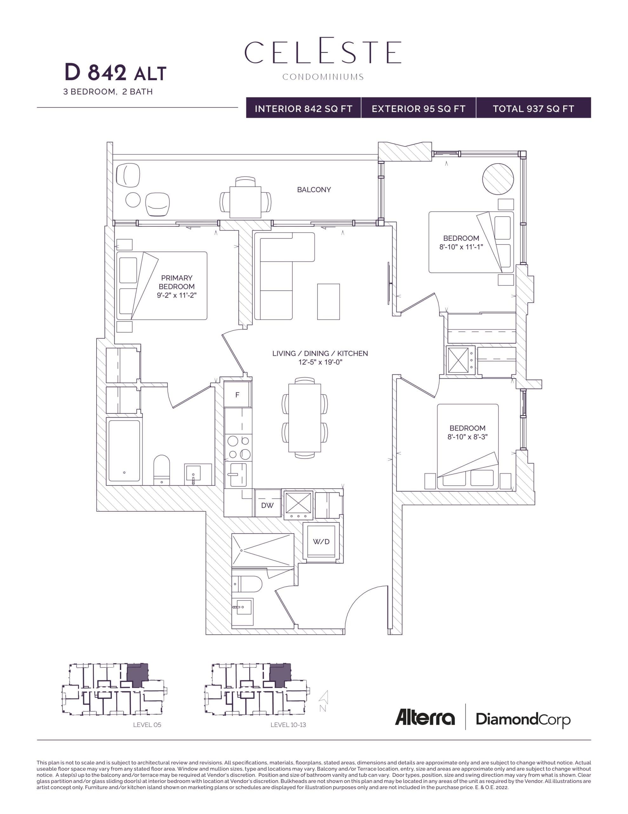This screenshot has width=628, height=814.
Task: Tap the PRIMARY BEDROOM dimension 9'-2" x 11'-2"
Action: [x=177, y=295]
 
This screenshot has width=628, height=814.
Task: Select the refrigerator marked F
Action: [x=237, y=395]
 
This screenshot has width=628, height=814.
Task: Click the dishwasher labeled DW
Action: [x=267, y=505]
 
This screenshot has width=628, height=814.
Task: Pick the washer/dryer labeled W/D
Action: [x=321, y=542]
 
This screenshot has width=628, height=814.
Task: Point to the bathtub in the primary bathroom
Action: [x=124, y=451]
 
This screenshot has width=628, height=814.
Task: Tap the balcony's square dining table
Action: [x=245, y=202]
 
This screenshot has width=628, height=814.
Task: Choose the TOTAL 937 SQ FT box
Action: [x=533, y=108]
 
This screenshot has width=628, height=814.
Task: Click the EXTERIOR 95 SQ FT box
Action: [x=418, y=108]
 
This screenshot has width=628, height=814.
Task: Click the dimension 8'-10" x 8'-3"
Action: [x=467, y=437]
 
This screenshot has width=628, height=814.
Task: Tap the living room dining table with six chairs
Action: [x=304, y=418]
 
